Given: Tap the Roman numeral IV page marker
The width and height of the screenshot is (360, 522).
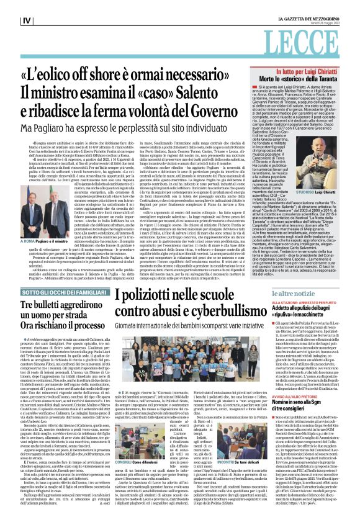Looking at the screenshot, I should coord(9,21).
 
